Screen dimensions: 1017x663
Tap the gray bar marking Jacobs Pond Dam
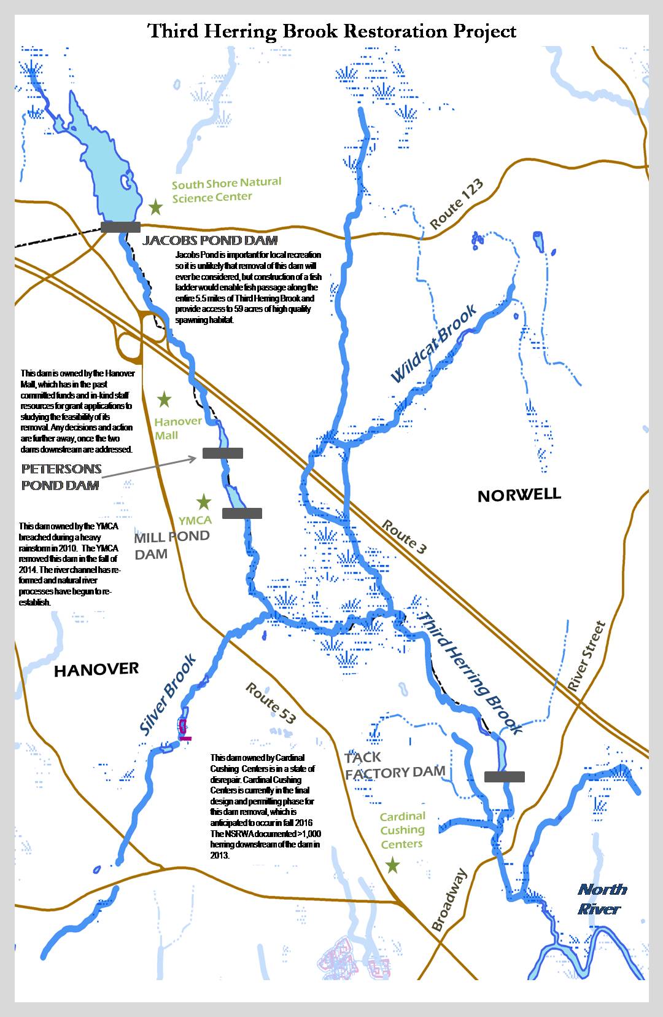120,227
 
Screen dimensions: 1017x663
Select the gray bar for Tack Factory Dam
504,777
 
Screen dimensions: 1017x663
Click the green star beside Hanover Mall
164,400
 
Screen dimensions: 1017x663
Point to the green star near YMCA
203,502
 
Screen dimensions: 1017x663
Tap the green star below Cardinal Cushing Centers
392,866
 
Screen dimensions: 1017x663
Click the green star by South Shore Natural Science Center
156,207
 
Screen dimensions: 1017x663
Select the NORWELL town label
519,495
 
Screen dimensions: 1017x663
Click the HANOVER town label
96,669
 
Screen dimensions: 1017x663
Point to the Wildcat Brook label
433,344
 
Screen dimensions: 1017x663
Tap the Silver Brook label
167,695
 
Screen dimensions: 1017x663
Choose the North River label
602,898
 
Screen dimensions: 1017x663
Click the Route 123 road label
456,205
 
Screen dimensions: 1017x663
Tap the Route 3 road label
403,537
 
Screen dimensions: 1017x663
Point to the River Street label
586,657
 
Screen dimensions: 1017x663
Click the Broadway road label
449,900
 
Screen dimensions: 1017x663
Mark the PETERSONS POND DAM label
61,477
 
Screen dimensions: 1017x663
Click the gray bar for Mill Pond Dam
242,513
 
